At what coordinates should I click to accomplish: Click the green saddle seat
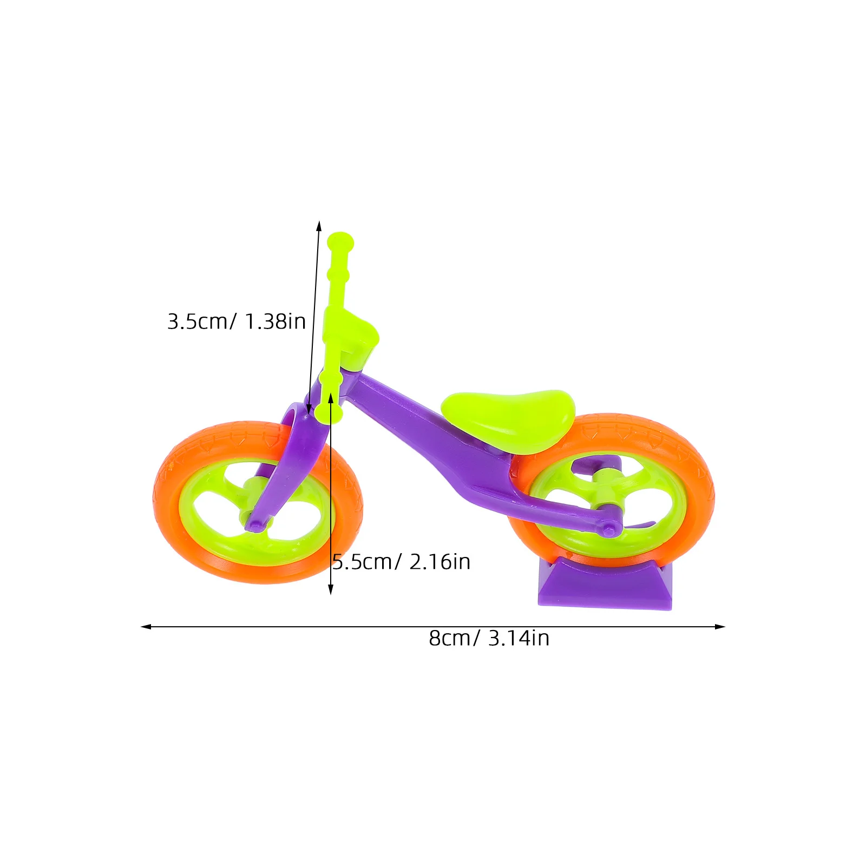click(x=509, y=419)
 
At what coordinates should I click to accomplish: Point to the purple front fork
click(x=292, y=460)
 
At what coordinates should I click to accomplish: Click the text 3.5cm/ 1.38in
click(x=237, y=322)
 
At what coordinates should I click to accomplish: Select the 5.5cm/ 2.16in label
click(x=401, y=562)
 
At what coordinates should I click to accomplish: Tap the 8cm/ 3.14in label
click(x=489, y=638)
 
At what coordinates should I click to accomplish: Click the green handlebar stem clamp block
click(x=355, y=338)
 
